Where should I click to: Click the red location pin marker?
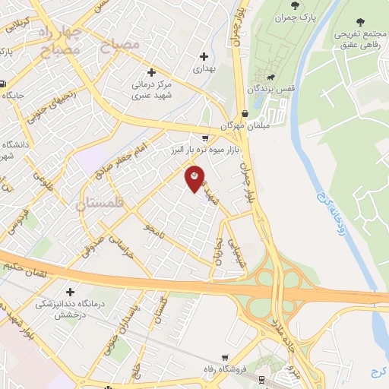[195, 179]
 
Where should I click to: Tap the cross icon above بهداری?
[204, 56]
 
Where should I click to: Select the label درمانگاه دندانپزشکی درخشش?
[71, 309]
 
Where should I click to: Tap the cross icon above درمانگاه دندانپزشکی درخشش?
[70, 292]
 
